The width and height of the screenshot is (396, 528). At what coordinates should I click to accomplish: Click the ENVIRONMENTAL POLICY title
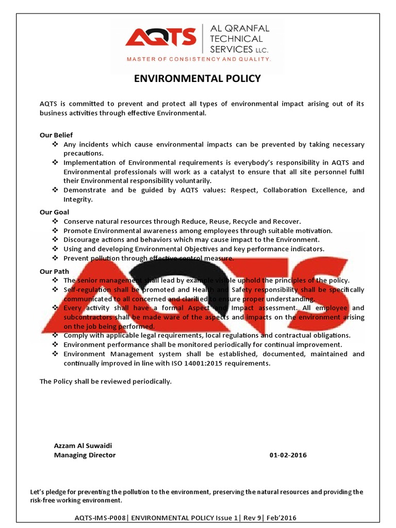197,79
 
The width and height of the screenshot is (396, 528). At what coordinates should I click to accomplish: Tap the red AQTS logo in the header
161,38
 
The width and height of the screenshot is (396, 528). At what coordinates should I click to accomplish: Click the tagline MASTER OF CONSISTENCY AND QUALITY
199,60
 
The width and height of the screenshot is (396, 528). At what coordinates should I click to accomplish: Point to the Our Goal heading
54,212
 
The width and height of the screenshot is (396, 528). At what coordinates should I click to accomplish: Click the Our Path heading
54,271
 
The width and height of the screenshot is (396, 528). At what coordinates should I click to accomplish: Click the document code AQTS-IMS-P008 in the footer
100,518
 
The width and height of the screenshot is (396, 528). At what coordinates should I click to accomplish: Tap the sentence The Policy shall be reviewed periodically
105,382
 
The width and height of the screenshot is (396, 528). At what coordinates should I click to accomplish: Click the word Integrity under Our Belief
77,199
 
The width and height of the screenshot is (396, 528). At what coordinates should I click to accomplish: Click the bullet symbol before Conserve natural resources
55,221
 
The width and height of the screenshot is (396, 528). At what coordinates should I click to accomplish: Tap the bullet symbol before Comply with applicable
55,335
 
